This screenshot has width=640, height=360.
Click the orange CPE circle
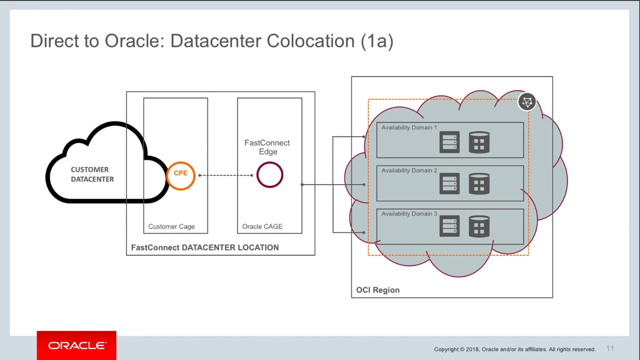[180, 175]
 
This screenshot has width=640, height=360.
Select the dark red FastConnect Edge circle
[269, 175]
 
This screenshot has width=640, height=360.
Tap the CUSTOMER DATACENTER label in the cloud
[92, 174]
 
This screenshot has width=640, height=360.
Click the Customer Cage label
[171, 226]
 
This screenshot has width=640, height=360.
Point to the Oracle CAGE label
[262, 226]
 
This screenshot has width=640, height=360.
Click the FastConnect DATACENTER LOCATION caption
[204, 247]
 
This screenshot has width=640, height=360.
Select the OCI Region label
[377, 290]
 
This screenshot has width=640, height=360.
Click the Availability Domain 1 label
[409, 127]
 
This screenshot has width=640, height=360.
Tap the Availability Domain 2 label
[409, 170]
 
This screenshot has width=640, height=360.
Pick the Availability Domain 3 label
[409, 214]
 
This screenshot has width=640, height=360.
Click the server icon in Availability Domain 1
[449, 142]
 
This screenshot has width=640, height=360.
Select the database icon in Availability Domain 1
[479, 142]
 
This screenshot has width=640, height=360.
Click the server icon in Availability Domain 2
[449, 184]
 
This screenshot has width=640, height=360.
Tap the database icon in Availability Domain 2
[479, 184]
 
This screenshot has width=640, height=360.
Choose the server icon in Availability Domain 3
[449, 226]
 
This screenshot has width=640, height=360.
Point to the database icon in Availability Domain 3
[479, 226]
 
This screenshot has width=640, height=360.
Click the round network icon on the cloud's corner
[527, 102]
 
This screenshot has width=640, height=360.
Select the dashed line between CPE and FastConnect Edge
[225, 175]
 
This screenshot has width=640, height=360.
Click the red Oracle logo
[76, 345]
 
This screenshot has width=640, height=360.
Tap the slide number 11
[610, 348]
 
